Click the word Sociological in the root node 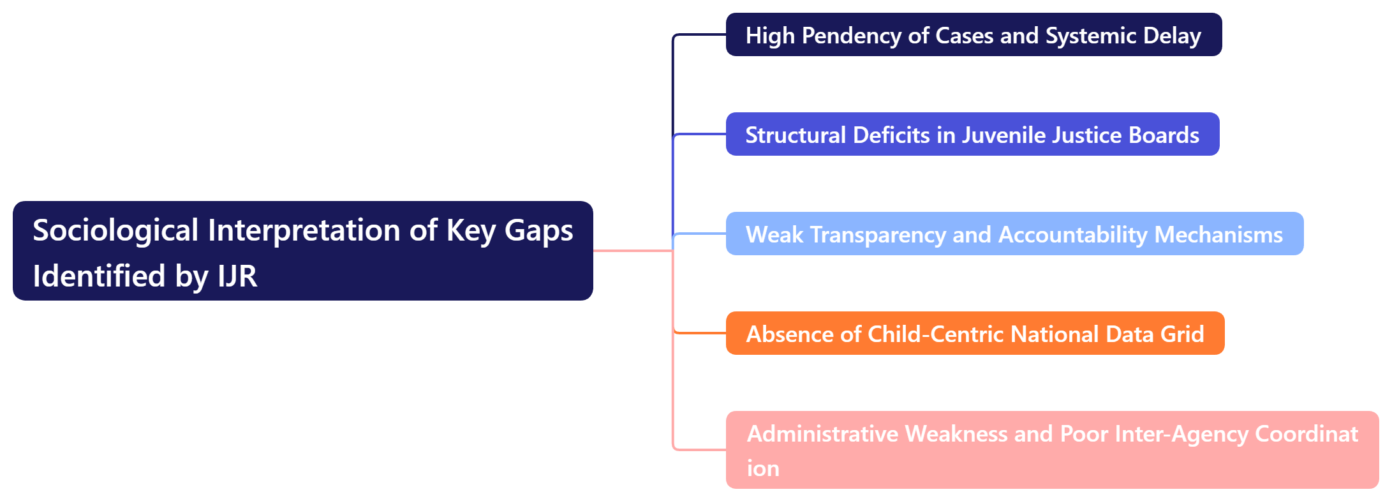click(115, 230)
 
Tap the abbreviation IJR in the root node click(237, 276)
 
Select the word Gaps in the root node click(538, 230)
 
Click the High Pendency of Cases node click(974, 35)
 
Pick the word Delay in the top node click(1172, 36)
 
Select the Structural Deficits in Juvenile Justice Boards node click(972, 135)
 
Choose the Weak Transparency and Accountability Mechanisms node click(1014, 234)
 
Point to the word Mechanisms click(1218, 235)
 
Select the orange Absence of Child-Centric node click(975, 334)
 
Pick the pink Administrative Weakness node click(1052, 450)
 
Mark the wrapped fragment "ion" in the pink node click(763, 468)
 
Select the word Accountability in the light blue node click(1072, 235)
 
